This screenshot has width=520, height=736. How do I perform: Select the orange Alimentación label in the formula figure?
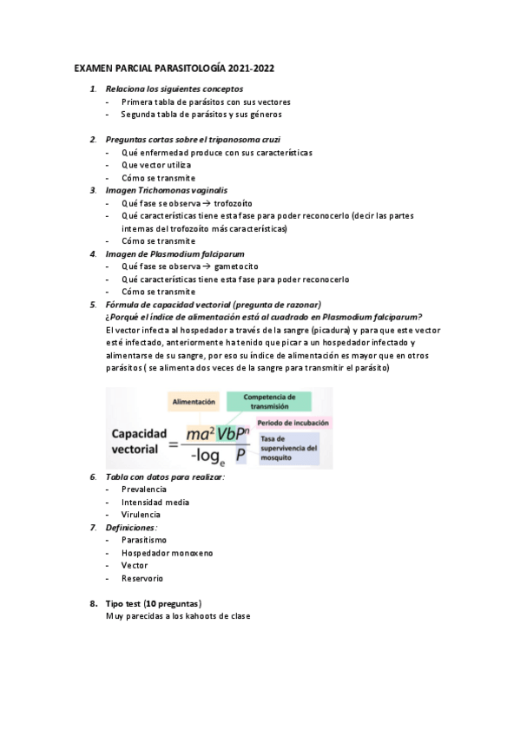pyautogui.click(x=194, y=403)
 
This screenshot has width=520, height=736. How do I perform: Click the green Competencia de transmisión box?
pyautogui.click(x=268, y=400)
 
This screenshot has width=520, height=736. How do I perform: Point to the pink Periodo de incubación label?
pyautogui.click(x=293, y=423)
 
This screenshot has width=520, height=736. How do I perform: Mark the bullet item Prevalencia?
pyautogui.click(x=143, y=490)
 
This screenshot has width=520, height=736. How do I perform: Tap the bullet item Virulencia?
pyautogui.click(x=141, y=515)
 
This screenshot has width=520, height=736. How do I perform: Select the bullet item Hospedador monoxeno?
pyautogui.click(x=167, y=553)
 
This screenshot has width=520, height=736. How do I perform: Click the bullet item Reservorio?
pyautogui.click(x=142, y=578)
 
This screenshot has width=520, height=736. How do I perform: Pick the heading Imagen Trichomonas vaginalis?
pyautogui.click(x=167, y=189)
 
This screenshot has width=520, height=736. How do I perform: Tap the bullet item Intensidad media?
pyautogui.click(x=155, y=502)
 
